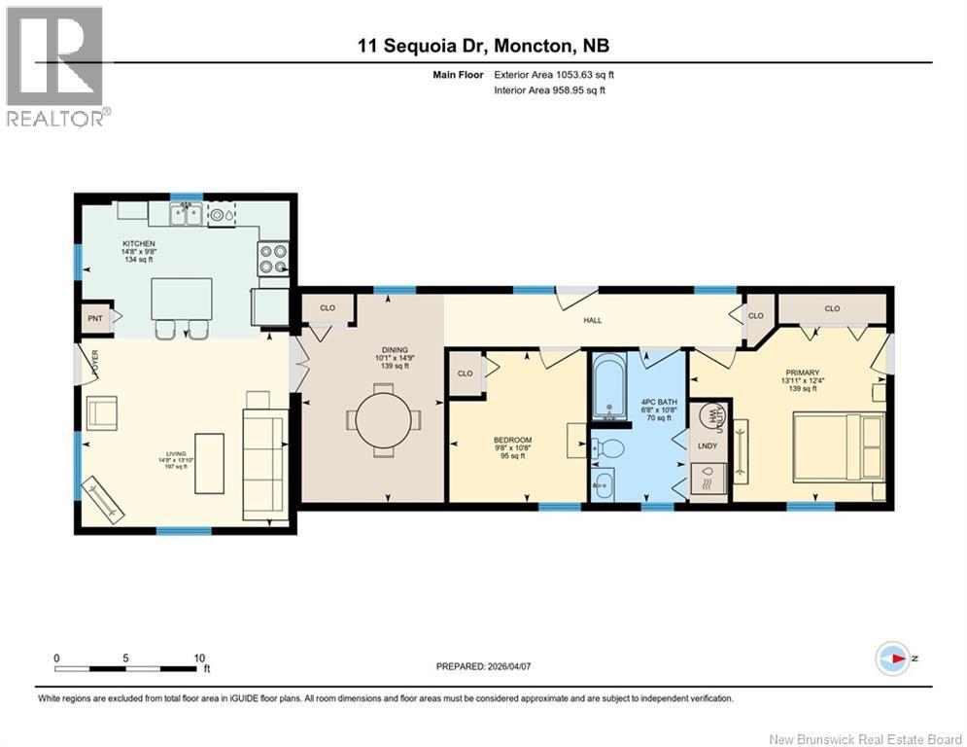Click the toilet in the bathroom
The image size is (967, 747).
(x=608, y=449)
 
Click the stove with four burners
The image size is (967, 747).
(x=274, y=256)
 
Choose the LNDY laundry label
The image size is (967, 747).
(x=708, y=445)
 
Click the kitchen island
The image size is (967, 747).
(x=182, y=299)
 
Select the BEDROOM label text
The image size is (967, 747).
(x=512, y=440)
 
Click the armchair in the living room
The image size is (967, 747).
(x=104, y=413)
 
